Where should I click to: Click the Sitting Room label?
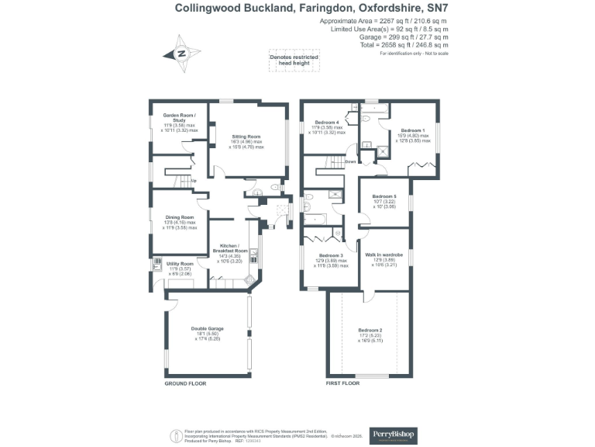(x=247, y=137)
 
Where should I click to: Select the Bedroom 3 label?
(x=331, y=255)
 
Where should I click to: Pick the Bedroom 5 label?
(x=384, y=196)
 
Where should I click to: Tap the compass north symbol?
(x=181, y=54)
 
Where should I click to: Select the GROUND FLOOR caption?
(x=185, y=384)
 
